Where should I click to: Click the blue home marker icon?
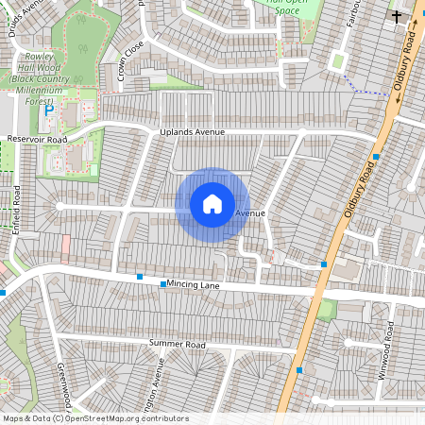point(212,203)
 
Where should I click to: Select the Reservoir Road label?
point(38,140)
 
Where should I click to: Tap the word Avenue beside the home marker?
point(250,214)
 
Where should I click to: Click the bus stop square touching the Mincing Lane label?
point(162,283)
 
